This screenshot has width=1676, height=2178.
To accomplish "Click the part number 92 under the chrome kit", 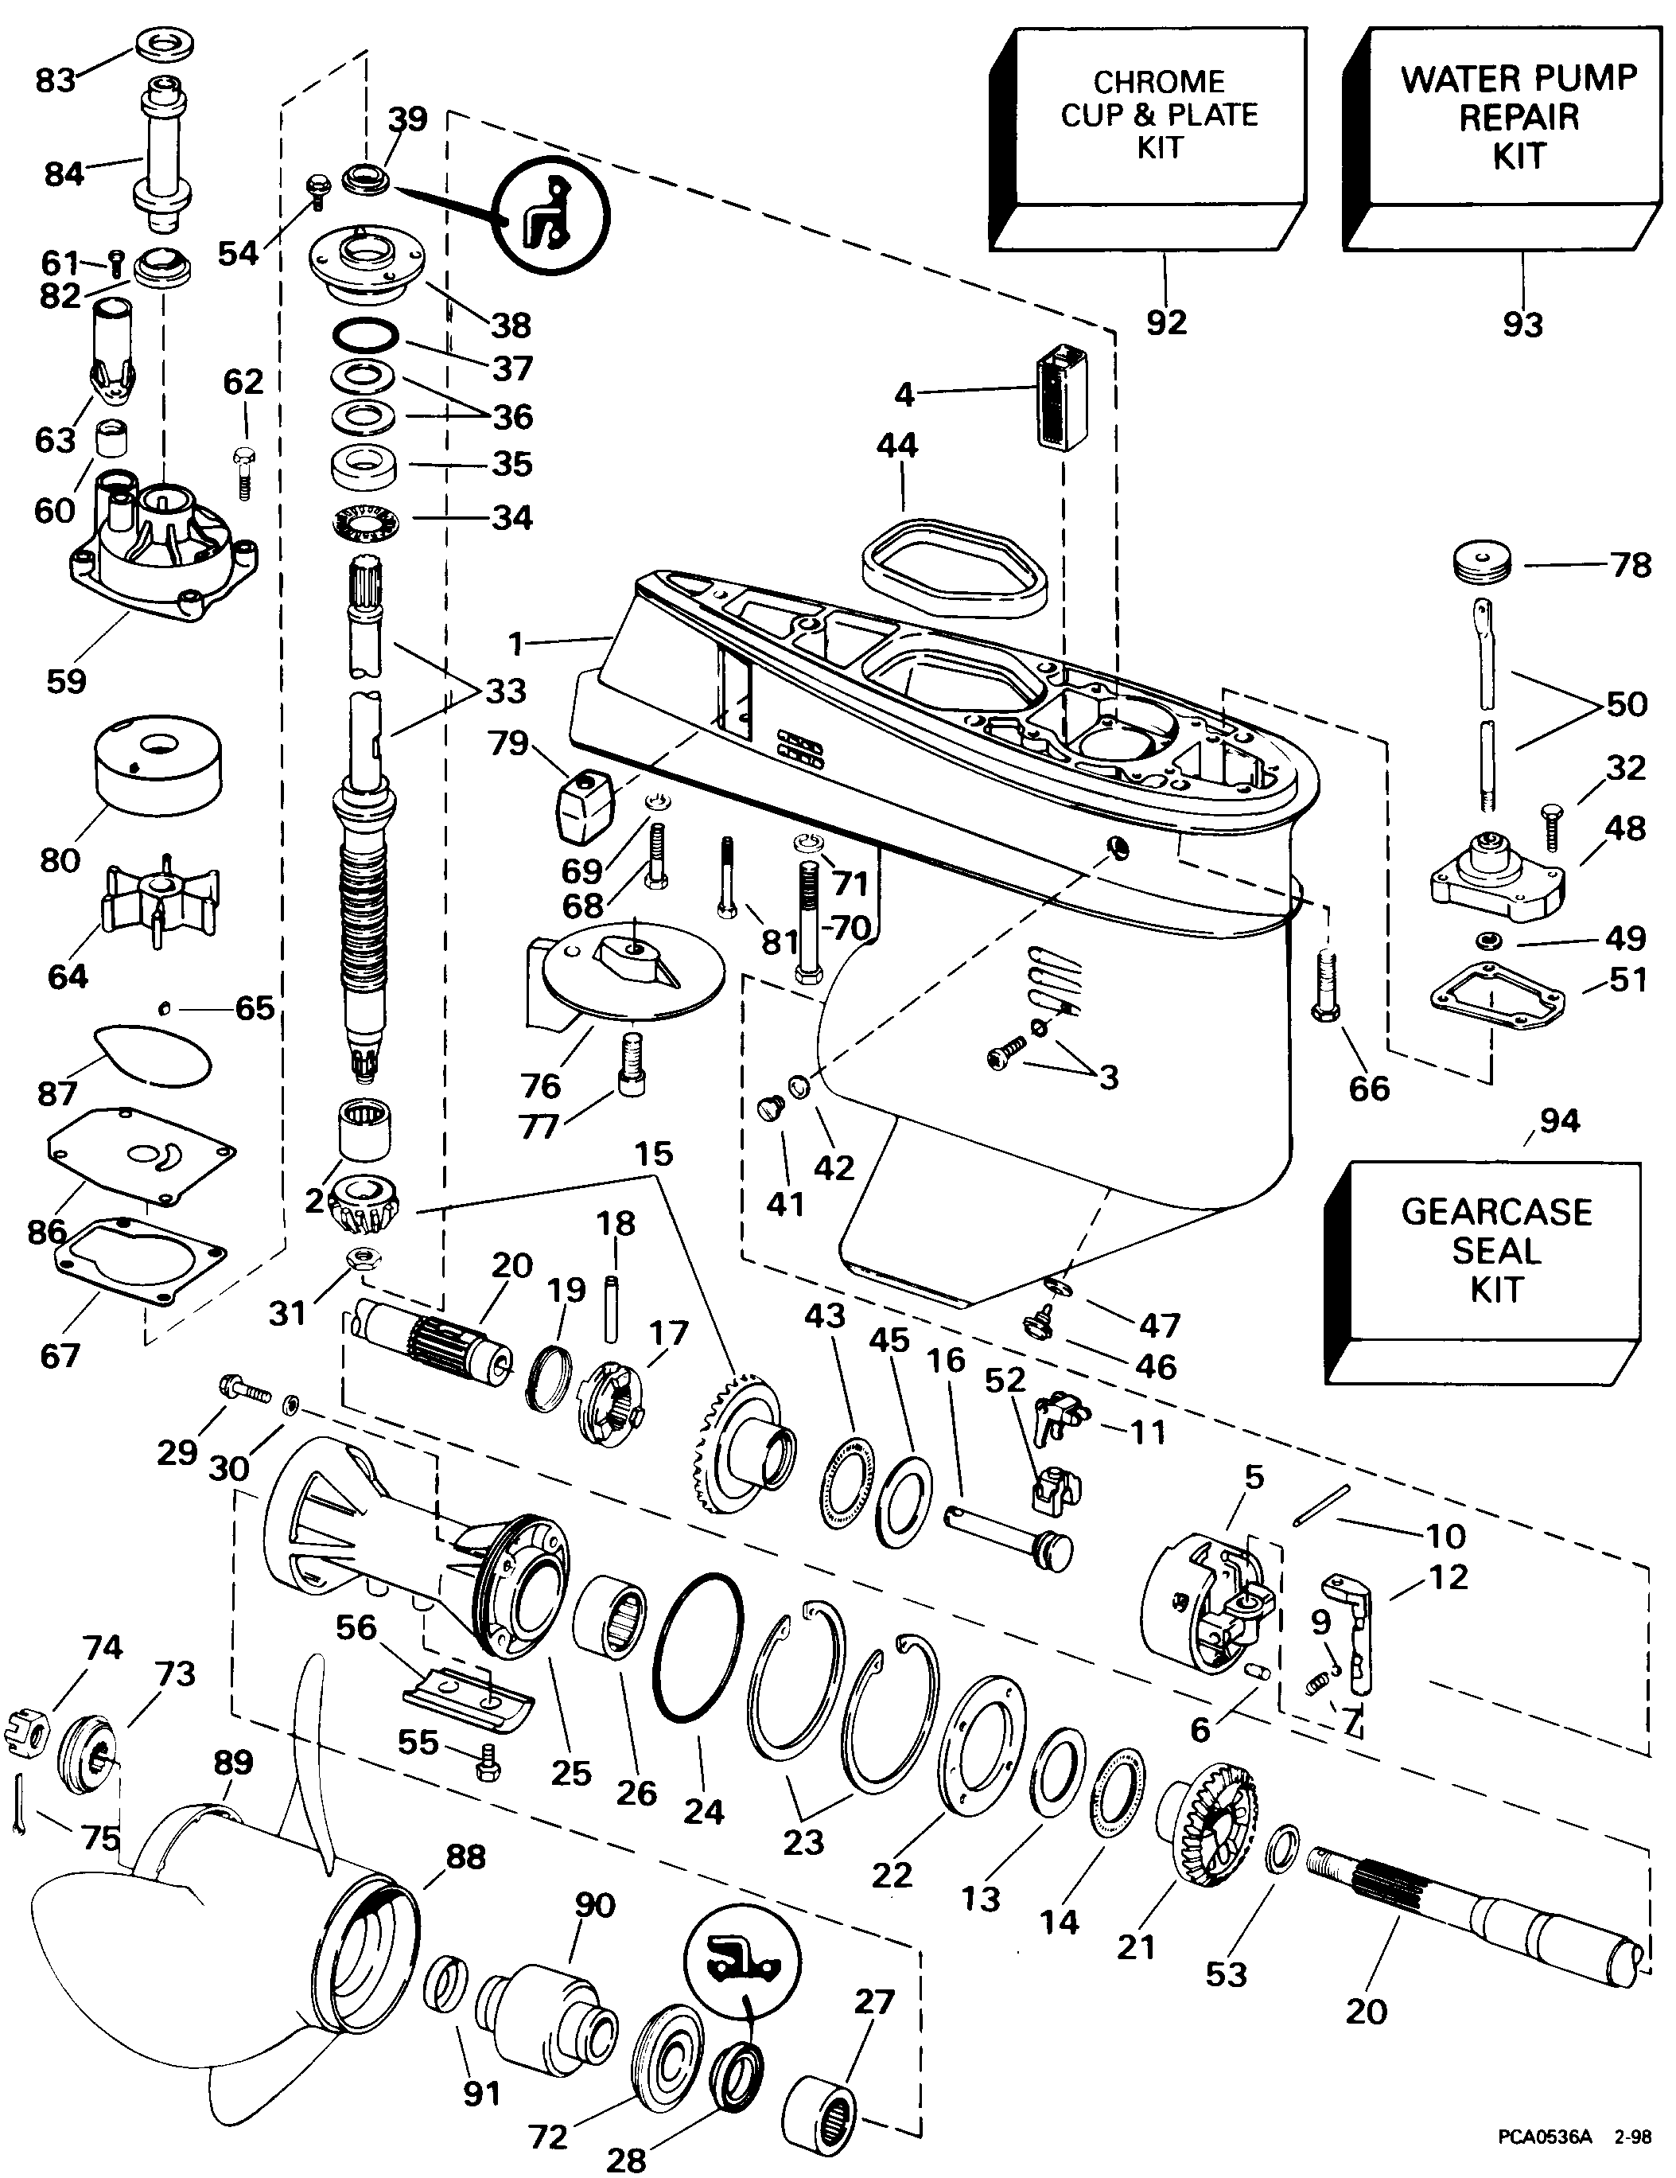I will tap(1165, 322).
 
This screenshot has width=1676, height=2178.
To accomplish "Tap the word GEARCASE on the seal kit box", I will tap(1495, 1212).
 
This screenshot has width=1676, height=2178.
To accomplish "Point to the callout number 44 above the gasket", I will tap(896, 445).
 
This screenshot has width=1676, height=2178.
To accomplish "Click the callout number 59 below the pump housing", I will tap(66, 681).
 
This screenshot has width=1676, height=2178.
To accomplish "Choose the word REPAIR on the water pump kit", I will tap(1519, 117).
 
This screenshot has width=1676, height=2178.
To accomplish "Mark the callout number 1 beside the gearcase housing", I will tap(515, 645).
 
